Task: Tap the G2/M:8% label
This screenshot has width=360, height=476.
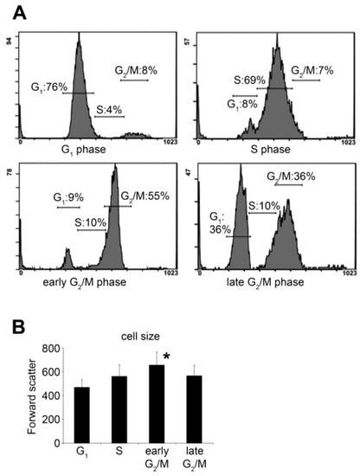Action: [135, 70]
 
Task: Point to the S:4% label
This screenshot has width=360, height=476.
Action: [110, 109]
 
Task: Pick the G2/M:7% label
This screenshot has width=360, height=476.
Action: [308, 71]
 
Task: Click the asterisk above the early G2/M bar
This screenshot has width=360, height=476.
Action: [164, 357]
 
